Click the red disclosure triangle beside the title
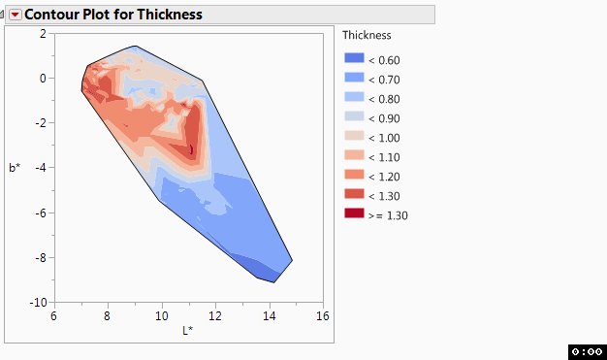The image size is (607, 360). [15, 15]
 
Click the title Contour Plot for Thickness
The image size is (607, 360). [113, 15]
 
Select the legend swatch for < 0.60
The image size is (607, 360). [354, 60]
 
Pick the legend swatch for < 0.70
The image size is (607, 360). [354, 80]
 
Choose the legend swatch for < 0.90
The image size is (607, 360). [354, 118]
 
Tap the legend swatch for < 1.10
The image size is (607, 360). [354, 157]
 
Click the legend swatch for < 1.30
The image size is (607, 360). [354, 196]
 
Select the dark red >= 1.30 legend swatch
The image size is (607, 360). [354, 215]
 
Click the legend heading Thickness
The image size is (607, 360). [367, 35]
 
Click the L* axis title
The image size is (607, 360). [188, 331]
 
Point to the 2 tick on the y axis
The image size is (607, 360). [43, 33]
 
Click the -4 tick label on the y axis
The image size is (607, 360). [40, 168]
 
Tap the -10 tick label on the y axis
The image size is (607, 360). [38, 302]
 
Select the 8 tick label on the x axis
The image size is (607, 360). [108, 315]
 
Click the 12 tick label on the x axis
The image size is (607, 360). [215, 315]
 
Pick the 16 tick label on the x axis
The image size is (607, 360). [322, 315]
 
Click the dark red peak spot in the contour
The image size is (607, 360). [191, 148]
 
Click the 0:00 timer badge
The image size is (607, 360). [587, 351]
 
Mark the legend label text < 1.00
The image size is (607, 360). [384, 138]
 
